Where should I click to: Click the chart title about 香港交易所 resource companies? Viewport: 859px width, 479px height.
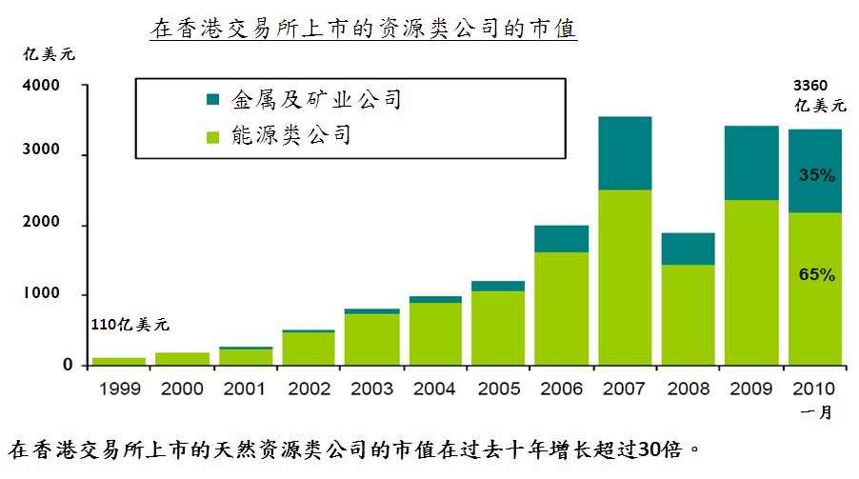click(x=364, y=29)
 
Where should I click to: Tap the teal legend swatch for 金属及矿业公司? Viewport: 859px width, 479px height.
click(x=212, y=99)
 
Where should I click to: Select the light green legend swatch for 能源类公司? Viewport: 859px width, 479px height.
click(x=212, y=136)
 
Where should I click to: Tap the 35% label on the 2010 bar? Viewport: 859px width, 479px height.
click(x=816, y=175)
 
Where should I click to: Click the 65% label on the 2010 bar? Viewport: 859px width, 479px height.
click(x=816, y=275)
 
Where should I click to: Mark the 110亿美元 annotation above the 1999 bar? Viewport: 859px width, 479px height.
click(x=130, y=326)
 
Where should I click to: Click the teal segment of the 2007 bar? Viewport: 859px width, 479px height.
click(x=624, y=152)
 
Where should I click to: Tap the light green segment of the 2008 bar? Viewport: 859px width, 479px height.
click(x=688, y=314)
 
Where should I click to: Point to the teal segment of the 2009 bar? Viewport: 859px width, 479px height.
click(x=751, y=162)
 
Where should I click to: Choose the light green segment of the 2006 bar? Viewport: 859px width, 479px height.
click(x=561, y=308)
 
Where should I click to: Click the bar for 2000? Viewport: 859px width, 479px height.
click(x=182, y=359)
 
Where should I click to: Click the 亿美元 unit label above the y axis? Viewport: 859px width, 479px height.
click(x=50, y=54)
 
